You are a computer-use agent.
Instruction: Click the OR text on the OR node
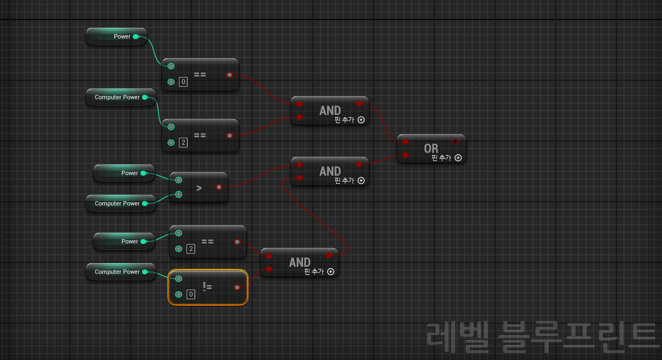click(431, 148)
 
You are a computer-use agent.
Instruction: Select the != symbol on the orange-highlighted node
click(207, 287)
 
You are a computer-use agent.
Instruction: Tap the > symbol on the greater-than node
click(199, 188)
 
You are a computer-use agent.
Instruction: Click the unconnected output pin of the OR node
click(455, 142)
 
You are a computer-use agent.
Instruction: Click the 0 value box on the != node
click(190, 294)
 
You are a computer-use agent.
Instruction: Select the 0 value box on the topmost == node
click(183, 82)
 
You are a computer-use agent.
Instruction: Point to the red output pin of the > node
click(219, 188)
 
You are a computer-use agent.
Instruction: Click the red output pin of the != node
click(237, 287)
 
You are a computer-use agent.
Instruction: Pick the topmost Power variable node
click(117, 36)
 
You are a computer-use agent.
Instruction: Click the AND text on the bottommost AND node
click(299, 262)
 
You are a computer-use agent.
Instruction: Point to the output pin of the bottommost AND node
click(329, 255)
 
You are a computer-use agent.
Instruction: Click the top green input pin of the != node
click(179, 279)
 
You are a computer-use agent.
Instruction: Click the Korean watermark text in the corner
click(543, 336)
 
